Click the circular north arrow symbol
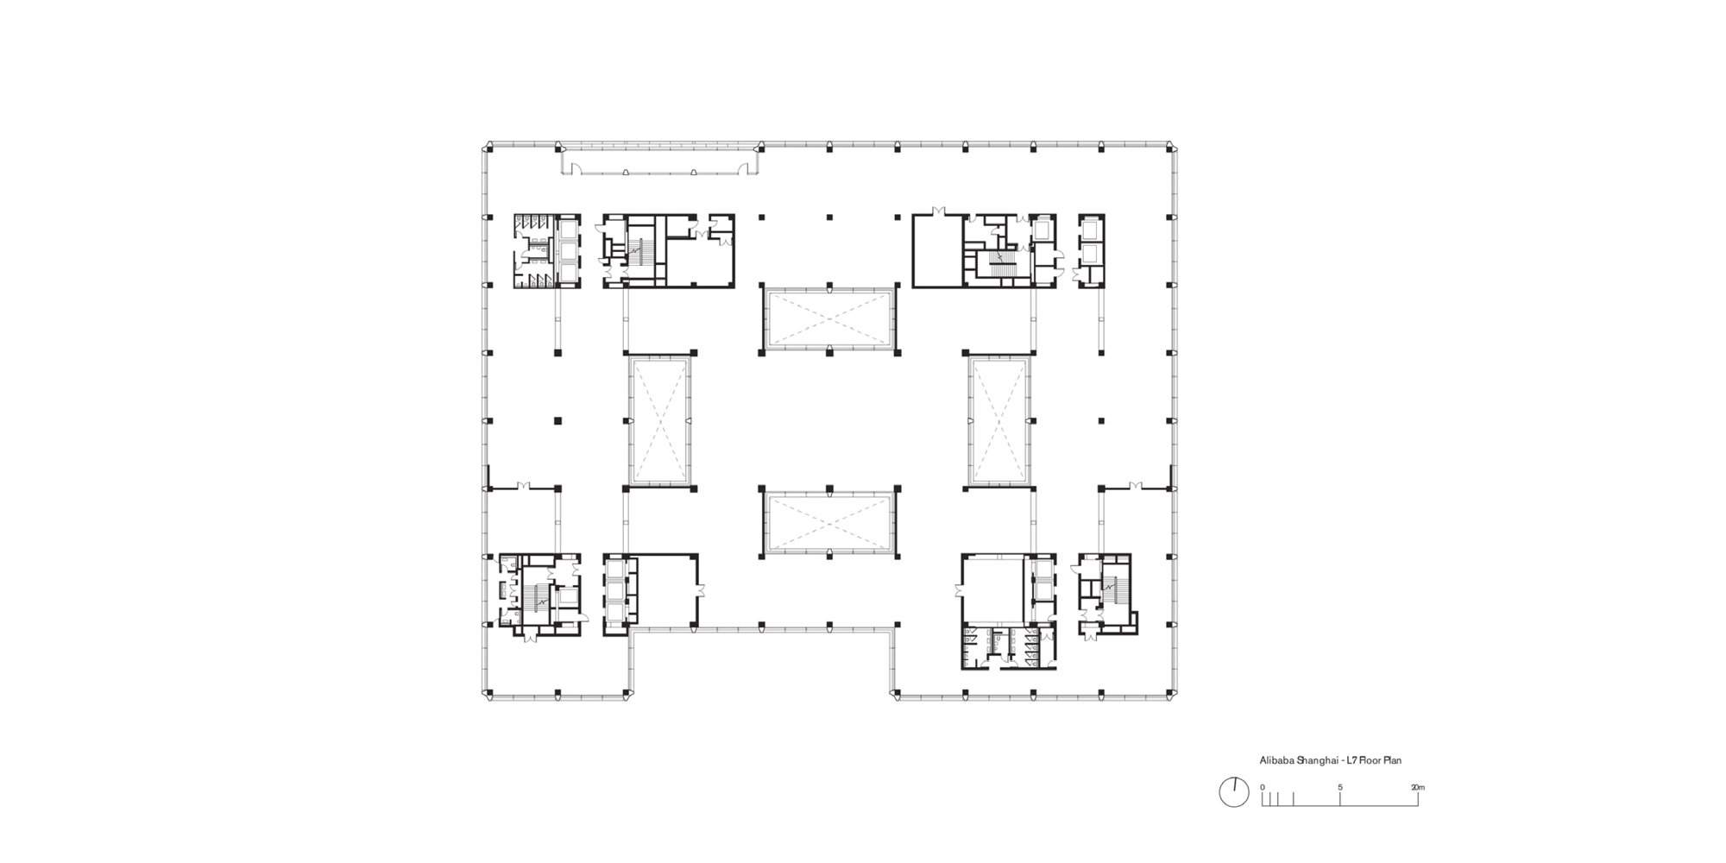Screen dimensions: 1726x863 [1234, 792]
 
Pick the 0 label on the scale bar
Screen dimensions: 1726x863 [1262, 787]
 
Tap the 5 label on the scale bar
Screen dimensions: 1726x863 [1340, 787]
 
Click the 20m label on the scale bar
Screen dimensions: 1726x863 [1418, 787]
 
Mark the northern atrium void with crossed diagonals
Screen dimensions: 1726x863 [828, 319]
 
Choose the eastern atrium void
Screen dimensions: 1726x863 [999, 421]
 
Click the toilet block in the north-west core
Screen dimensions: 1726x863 [534, 250]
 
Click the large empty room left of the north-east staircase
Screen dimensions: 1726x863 [938, 250]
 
